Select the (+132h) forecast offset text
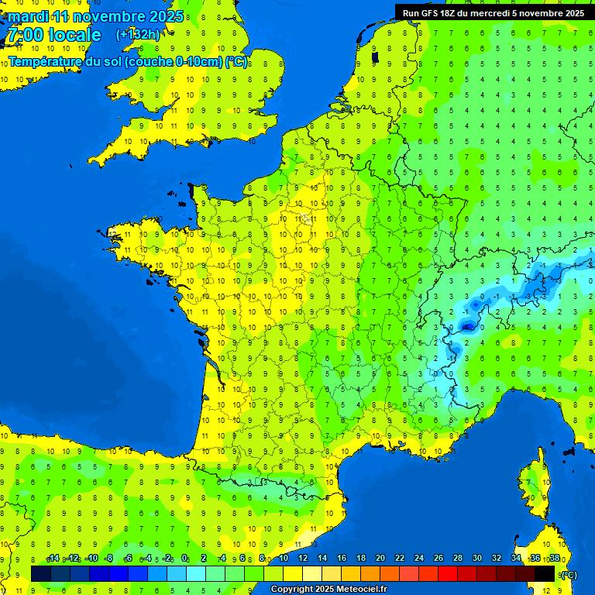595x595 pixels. [x=138, y=35]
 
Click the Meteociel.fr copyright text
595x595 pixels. [x=328, y=590]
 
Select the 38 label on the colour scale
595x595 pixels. [x=554, y=558]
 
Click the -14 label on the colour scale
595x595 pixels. [x=53, y=558]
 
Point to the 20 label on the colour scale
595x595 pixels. [x=380, y=558]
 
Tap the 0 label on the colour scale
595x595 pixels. [x=185, y=558]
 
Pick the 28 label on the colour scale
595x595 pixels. [x=457, y=558]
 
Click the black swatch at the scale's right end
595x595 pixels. [x=545, y=573]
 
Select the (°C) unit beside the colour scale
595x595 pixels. [x=569, y=574]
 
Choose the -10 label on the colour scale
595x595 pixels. [x=91, y=558]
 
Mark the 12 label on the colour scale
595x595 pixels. [x=302, y=558]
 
